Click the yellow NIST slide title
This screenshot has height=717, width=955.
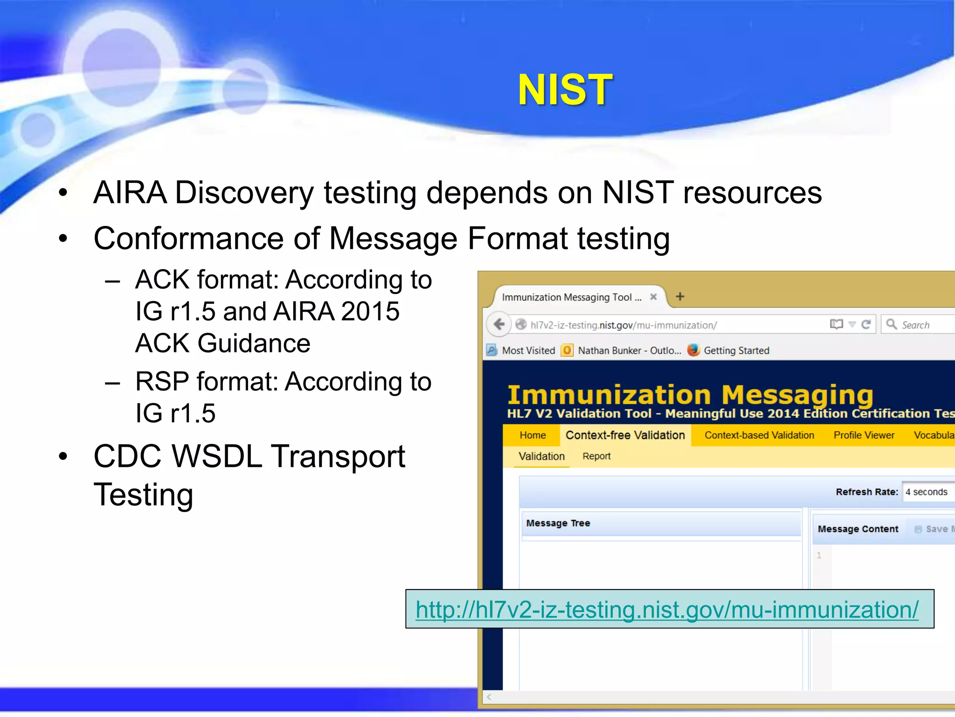pyautogui.click(x=565, y=90)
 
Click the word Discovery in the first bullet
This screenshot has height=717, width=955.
pyautogui.click(x=244, y=193)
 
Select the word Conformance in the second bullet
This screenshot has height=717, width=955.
pyautogui.click(x=188, y=239)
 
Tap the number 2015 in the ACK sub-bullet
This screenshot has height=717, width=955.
pyautogui.click(x=370, y=311)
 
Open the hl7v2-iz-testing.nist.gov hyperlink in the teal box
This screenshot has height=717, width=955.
pyautogui.click(x=667, y=610)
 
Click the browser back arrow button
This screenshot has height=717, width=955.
pyautogui.click(x=499, y=324)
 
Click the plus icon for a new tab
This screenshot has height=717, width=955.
pyautogui.click(x=680, y=296)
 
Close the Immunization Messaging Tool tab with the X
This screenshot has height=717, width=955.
pyautogui.click(x=653, y=297)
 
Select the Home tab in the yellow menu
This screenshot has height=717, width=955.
pyautogui.click(x=533, y=435)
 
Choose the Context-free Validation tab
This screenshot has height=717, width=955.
pyautogui.click(x=625, y=435)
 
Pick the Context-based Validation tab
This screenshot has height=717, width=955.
pyautogui.click(x=759, y=435)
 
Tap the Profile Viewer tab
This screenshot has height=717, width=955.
pyautogui.click(x=864, y=435)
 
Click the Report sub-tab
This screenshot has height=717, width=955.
pyautogui.click(x=596, y=456)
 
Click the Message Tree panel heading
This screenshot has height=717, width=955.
pyautogui.click(x=558, y=523)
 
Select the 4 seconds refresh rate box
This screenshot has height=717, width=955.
pyautogui.click(x=927, y=492)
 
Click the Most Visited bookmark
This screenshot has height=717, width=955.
pyautogui.click(x=528, y=351)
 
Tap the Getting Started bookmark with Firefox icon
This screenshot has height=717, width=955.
pyautogui.click(x=736, y=351)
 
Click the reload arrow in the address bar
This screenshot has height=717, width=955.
pyautogui.click(x=866, y=324)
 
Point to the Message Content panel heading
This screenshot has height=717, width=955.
pyautogui.click(x=858, y=529)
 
